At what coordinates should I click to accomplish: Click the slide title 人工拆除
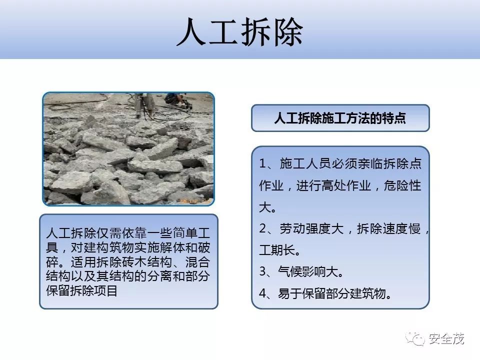[x=240, y=33]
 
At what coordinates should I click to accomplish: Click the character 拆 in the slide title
[x=257, y=33]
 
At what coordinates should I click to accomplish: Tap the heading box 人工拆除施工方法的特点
[x=340, y=118]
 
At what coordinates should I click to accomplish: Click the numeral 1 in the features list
[x=263, y=164]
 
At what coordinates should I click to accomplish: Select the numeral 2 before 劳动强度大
[x=263, y=229]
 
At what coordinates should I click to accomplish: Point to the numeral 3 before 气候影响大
[x=263, y=272]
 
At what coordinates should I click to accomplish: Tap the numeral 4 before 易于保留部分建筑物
[x=263, y=293]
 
